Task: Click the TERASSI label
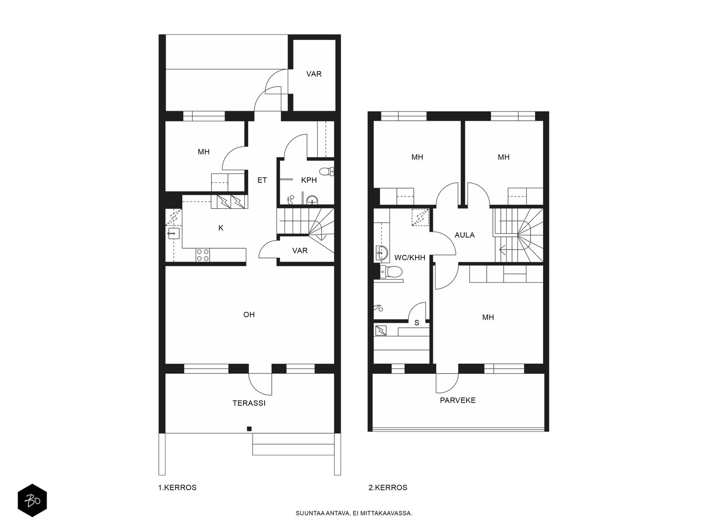tap(249, 403)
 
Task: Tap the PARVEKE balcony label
tap(458, 400)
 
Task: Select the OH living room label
tap(249, 314)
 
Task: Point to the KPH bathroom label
tap(309, 180)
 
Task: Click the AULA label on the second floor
tap(465, 235)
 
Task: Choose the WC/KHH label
tap(410, 258)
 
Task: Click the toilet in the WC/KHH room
tap(392, 272)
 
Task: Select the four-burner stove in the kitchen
tap(203, 255)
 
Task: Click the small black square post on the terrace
tap(249, 429)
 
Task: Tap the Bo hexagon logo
tap(32, 500)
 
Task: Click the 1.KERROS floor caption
tap(177, 488)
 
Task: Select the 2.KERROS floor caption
tap(388, 488)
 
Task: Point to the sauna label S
tap(416, 323)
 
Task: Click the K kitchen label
tap(221, 228)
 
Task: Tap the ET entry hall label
tap(262, 180)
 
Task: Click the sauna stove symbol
tap(381, 331)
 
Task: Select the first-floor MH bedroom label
tap(204, 151)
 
